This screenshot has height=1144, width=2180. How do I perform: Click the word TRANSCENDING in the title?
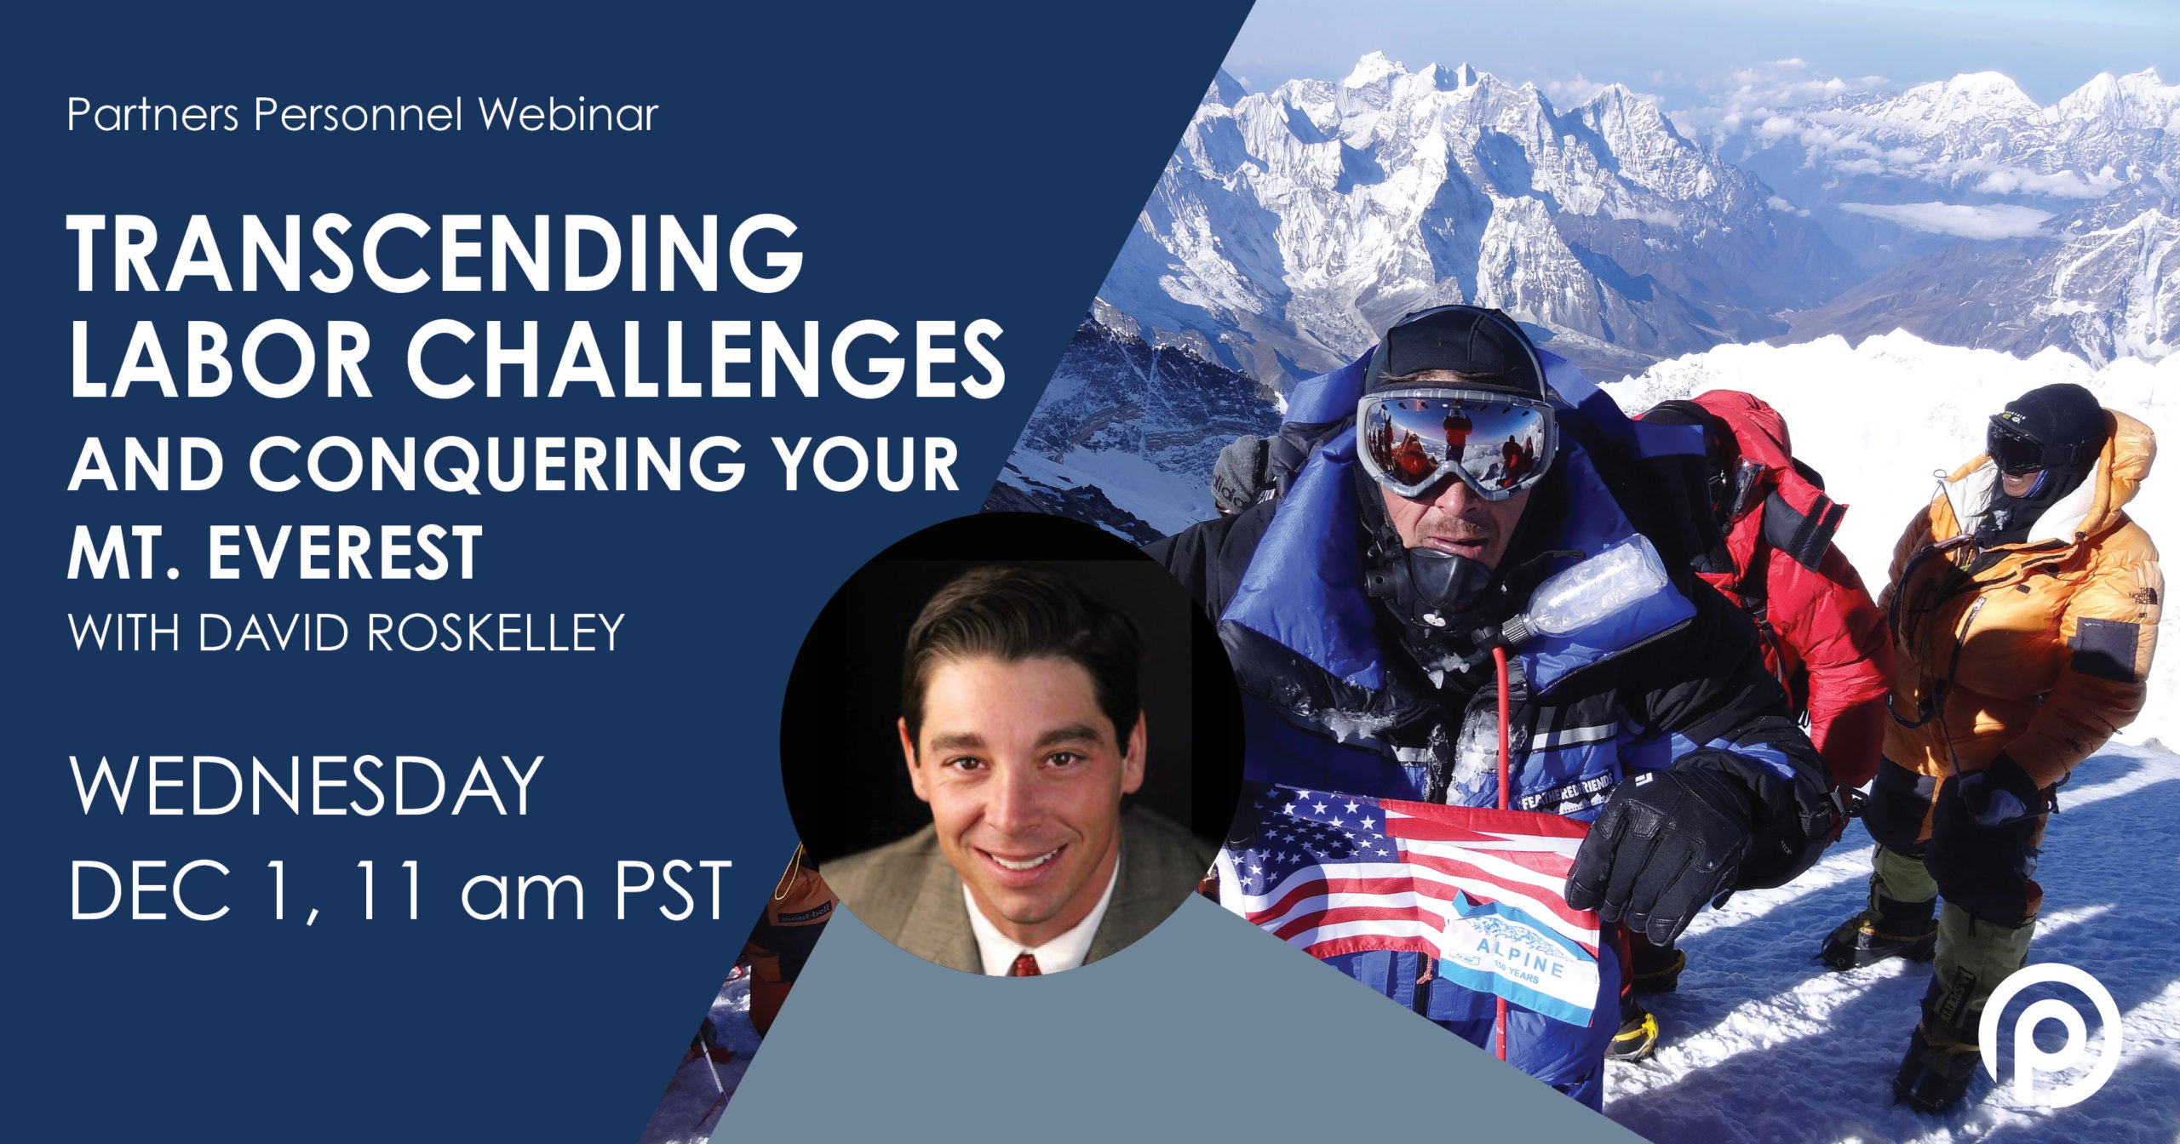tap(436, 255)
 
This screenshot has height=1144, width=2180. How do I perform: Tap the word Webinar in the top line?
tap(569, 114)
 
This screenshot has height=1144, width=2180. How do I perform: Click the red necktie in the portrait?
tap(1023, 965)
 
